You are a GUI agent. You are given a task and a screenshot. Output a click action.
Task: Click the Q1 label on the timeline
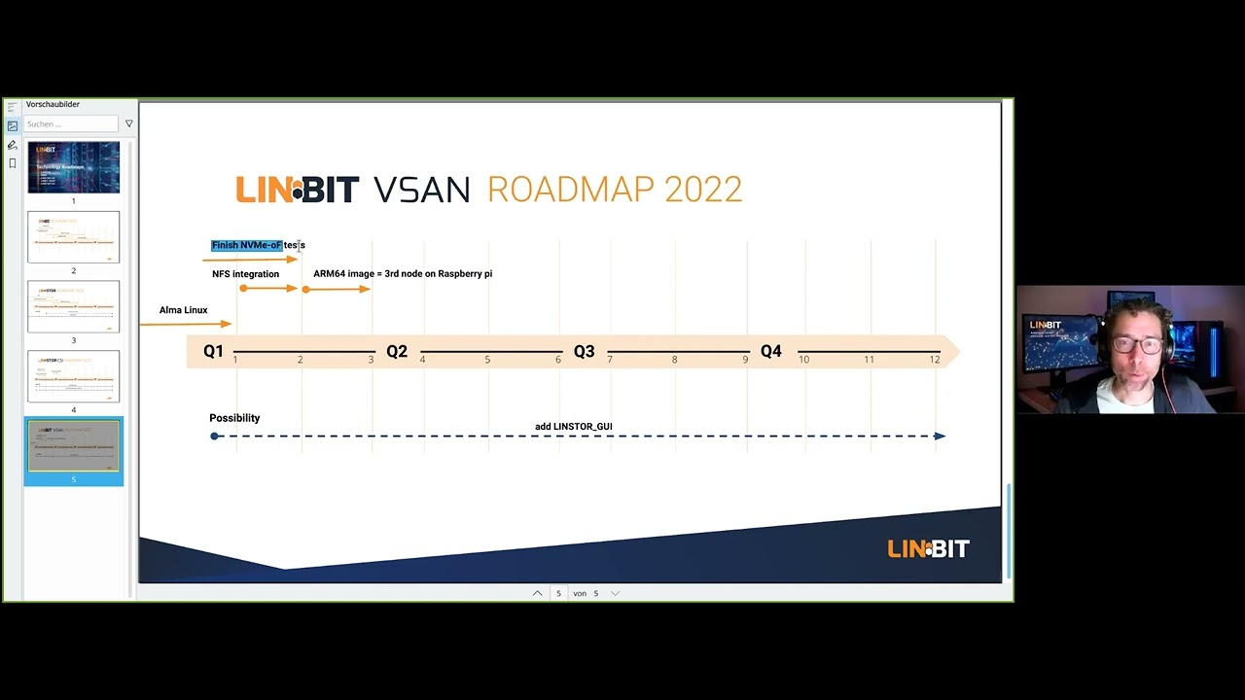(x=213, y=351)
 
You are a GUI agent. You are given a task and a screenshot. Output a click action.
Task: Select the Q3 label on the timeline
(x=584, y=351)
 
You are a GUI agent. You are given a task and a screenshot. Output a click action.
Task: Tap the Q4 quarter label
(x=770, y=351)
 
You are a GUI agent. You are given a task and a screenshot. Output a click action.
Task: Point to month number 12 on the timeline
(x=935, y=360)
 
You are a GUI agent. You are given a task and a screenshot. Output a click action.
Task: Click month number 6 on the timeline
(x=558, y=360)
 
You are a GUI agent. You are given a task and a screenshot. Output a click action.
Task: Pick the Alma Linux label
(x=183, y=310)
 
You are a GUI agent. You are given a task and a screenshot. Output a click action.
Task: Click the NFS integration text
(x=245, y=274)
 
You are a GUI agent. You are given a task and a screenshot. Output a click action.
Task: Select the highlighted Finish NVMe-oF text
(x=248, y=245)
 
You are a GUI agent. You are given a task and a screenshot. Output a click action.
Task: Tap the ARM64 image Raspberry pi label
(x=403, y=274)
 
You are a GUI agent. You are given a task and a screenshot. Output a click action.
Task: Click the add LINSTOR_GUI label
(x=573, y=427)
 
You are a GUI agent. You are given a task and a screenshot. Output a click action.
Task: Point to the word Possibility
(x=234, y=418)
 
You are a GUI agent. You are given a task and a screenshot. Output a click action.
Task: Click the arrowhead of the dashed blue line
(x=940, y=436)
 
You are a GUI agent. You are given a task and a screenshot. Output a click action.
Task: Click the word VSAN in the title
(x=421, y=190)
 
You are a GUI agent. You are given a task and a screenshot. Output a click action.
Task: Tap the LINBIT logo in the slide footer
(x=928, y=549)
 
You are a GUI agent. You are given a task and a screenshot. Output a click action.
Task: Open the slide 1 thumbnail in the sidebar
(x=74, y=167)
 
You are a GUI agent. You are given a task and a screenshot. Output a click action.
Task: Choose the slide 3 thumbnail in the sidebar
(x=74, y=306)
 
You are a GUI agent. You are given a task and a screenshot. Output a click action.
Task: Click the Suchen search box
(x=71, y=123)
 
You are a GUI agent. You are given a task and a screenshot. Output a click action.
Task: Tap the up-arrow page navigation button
(x=537, y=593)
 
